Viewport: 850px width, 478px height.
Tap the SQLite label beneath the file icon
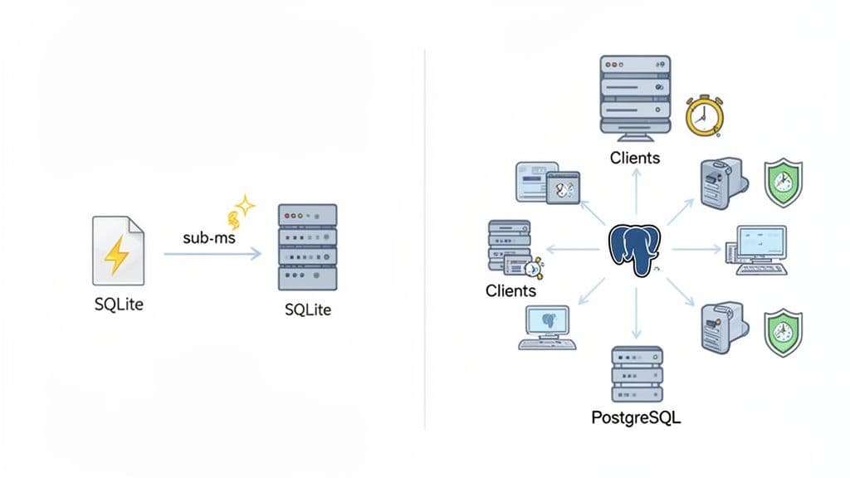click(119, 305)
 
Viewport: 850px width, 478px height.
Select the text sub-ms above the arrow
click(209, 237)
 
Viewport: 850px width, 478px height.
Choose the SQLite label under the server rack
click(307, 310)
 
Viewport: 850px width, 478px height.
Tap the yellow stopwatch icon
click(705, 115)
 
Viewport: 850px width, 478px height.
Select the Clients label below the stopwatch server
click(634, 157)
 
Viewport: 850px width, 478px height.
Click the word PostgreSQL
click(635, 417)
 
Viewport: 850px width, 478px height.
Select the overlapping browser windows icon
click(544, 182)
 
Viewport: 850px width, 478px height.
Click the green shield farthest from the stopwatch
click(782, 332)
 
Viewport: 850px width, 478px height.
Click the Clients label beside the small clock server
click(510, 291)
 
